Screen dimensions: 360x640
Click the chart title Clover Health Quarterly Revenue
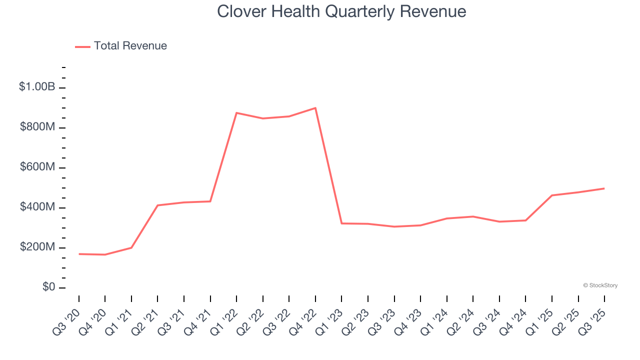tap(341, 11)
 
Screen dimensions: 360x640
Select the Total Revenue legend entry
tap(121, 46)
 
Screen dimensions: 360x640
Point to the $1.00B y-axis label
tap(37, 87)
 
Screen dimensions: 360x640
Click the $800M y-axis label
tap(37, 127)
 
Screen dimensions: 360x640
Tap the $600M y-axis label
tap(37, 167)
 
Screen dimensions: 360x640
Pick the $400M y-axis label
tap(37, 207)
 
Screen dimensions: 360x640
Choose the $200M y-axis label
tap(37, 247)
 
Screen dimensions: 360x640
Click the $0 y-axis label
tap(49, 287)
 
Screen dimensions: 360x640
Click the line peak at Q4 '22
tap(315, 108)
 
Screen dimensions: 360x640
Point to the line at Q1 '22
tap(236, 113)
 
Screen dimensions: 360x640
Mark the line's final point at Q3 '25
tap(604, 188)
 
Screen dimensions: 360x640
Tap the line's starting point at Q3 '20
tap(79, 254)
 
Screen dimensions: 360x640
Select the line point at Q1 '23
tap(341, 223)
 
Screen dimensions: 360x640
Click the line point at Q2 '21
tap(157, 205)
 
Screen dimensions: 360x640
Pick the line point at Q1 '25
tap(552, 195)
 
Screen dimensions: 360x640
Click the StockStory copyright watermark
tap(600, 285)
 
